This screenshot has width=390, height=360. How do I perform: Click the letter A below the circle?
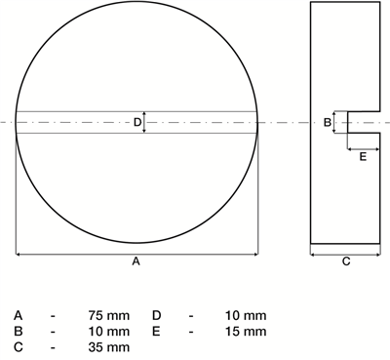pos(136,260)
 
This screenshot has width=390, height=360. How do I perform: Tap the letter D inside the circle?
pos(137,122)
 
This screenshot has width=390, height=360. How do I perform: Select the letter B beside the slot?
pos(328,122)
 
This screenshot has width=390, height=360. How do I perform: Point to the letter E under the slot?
pos(363,157)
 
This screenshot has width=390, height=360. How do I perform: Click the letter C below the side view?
pos(346,260)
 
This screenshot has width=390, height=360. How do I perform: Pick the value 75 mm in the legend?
pos(109,315)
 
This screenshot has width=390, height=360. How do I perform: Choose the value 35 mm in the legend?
pos(109,347)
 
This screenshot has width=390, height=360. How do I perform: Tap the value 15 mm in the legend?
pos(246,332)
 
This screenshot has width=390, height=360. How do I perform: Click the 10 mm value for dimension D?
pos(246,315)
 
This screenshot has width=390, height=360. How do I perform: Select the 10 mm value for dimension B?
pos(109,332)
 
